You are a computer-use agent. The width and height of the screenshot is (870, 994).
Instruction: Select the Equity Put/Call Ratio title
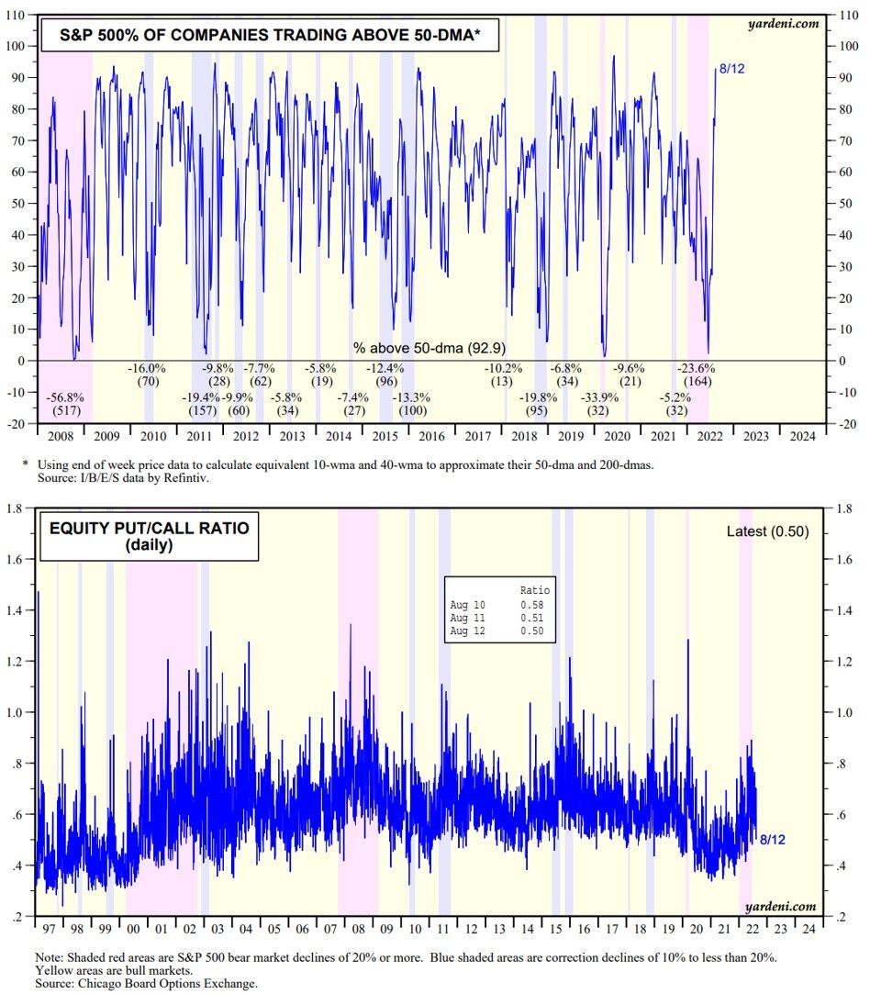pos(150,535)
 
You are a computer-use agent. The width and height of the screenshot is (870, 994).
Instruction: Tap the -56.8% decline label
pos(65,398)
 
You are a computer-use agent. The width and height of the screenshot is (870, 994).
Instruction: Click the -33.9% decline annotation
pos(599,398)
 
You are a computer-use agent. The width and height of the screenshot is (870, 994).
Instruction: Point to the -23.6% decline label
pos(696,368)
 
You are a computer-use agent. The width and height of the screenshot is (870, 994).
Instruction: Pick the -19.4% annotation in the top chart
pos(200,398)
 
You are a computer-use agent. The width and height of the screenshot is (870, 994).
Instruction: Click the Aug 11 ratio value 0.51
pos(531,619)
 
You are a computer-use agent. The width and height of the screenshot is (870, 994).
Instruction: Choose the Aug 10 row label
pos(466,605)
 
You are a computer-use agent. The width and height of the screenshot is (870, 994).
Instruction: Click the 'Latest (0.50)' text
pos(767,531)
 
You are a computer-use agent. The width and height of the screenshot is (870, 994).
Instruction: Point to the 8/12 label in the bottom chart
pos(773,840)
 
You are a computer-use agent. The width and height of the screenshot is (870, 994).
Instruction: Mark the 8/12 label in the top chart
pos(731,70)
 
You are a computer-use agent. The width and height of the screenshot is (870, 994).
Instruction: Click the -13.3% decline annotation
pos(409,398)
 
